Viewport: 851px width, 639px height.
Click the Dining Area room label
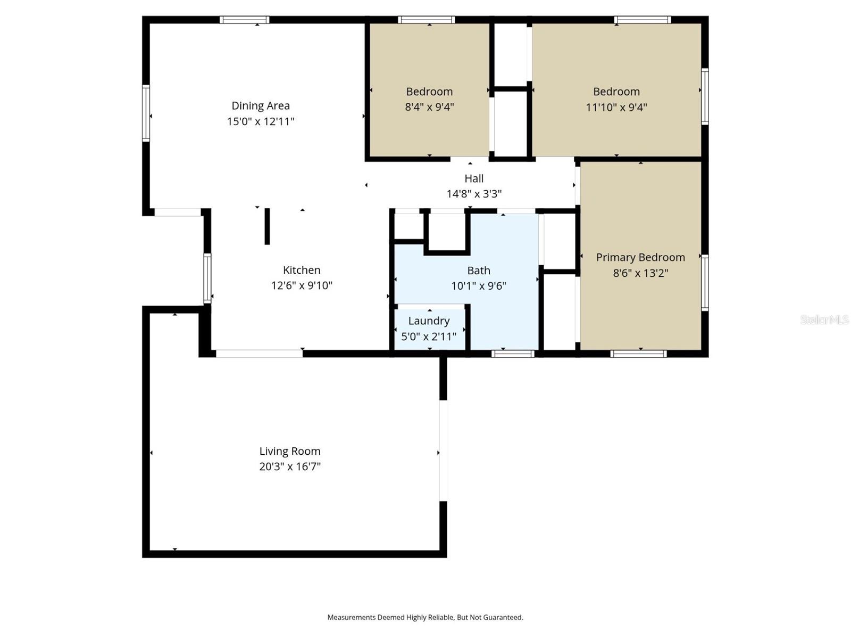(x=261, y=106)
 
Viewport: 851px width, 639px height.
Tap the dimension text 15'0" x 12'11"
(x=261, y=121)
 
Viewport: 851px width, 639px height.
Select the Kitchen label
(x=302, y=270)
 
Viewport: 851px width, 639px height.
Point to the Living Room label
(x=290, y=451)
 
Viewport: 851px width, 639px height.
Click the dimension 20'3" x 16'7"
(x=290, y=466)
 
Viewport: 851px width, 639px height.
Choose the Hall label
(x=474, y=178)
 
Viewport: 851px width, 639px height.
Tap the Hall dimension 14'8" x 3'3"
(x=474, y=194)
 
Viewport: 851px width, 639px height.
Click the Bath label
(x=479, y=271)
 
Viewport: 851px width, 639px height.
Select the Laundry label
(x=429, y=321)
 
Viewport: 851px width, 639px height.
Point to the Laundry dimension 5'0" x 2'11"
(x=429, y=337)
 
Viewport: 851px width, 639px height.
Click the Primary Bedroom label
(x=640, y=258)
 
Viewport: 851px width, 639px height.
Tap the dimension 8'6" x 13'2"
(x=640, y=273)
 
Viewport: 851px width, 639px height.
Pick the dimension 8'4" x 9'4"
(x=429, y=106)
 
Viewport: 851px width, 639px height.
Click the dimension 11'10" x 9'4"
(x=616, y=106)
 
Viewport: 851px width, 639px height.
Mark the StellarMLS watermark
(x=824, y=319)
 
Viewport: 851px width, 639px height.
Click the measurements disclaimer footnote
(x=425, y=617)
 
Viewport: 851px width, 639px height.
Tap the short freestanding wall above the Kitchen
(x=267, y=227)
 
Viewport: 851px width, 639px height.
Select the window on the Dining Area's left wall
(x=146, y=113)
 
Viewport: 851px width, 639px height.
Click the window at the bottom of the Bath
(x=513, y=354)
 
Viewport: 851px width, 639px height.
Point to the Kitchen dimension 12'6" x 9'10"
(x=302, y=285)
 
